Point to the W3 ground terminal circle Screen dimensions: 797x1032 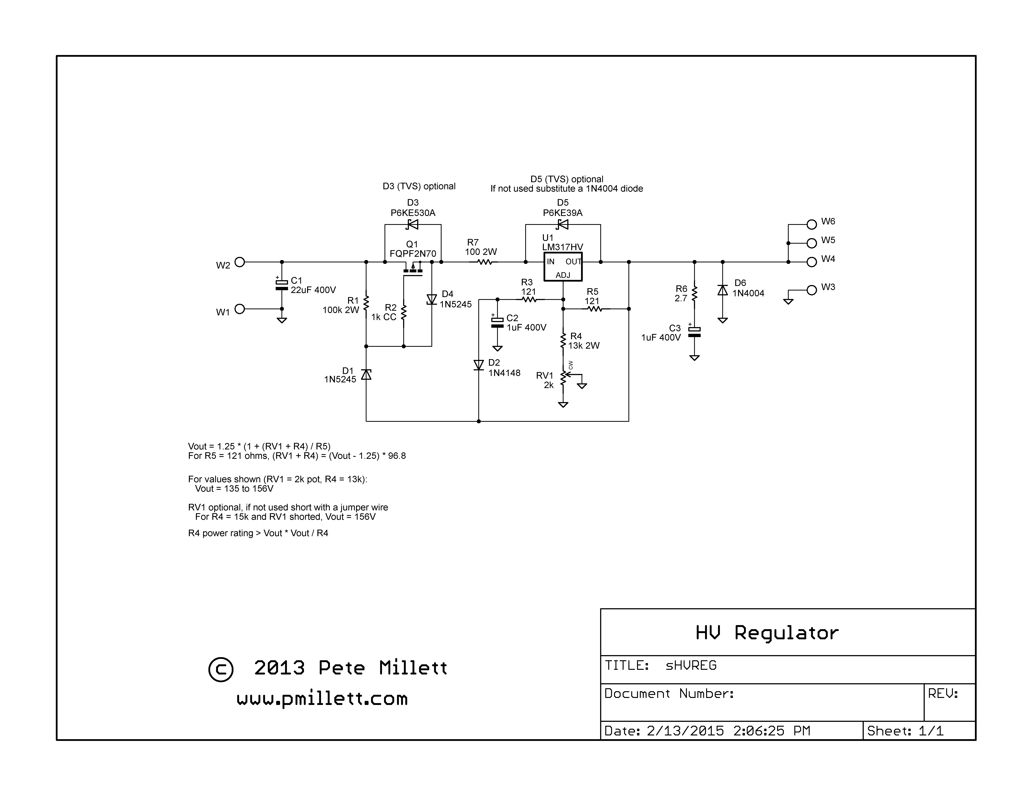pyautogui.click(x=811, y=290)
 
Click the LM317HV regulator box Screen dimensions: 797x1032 pyautogui.click(x=563, y=267)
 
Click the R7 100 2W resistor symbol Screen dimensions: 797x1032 pyautogui.click(x=485, y=262)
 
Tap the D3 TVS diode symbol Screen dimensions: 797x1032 pyautogui.click(x=412, y=224)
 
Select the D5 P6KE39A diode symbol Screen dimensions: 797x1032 pyautogui.click(x=562, y=224)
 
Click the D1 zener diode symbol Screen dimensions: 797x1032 pyautogui.click(x=366, y=374)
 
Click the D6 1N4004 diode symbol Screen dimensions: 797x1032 pyautogui.click(x=723, y=290)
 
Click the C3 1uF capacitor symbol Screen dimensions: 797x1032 pyautogui.click(x=694, y=332)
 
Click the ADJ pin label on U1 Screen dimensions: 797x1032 pyautogui.click(x=563, y=275)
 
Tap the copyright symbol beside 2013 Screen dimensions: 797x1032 pyautogui.click(x=221, y=669)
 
